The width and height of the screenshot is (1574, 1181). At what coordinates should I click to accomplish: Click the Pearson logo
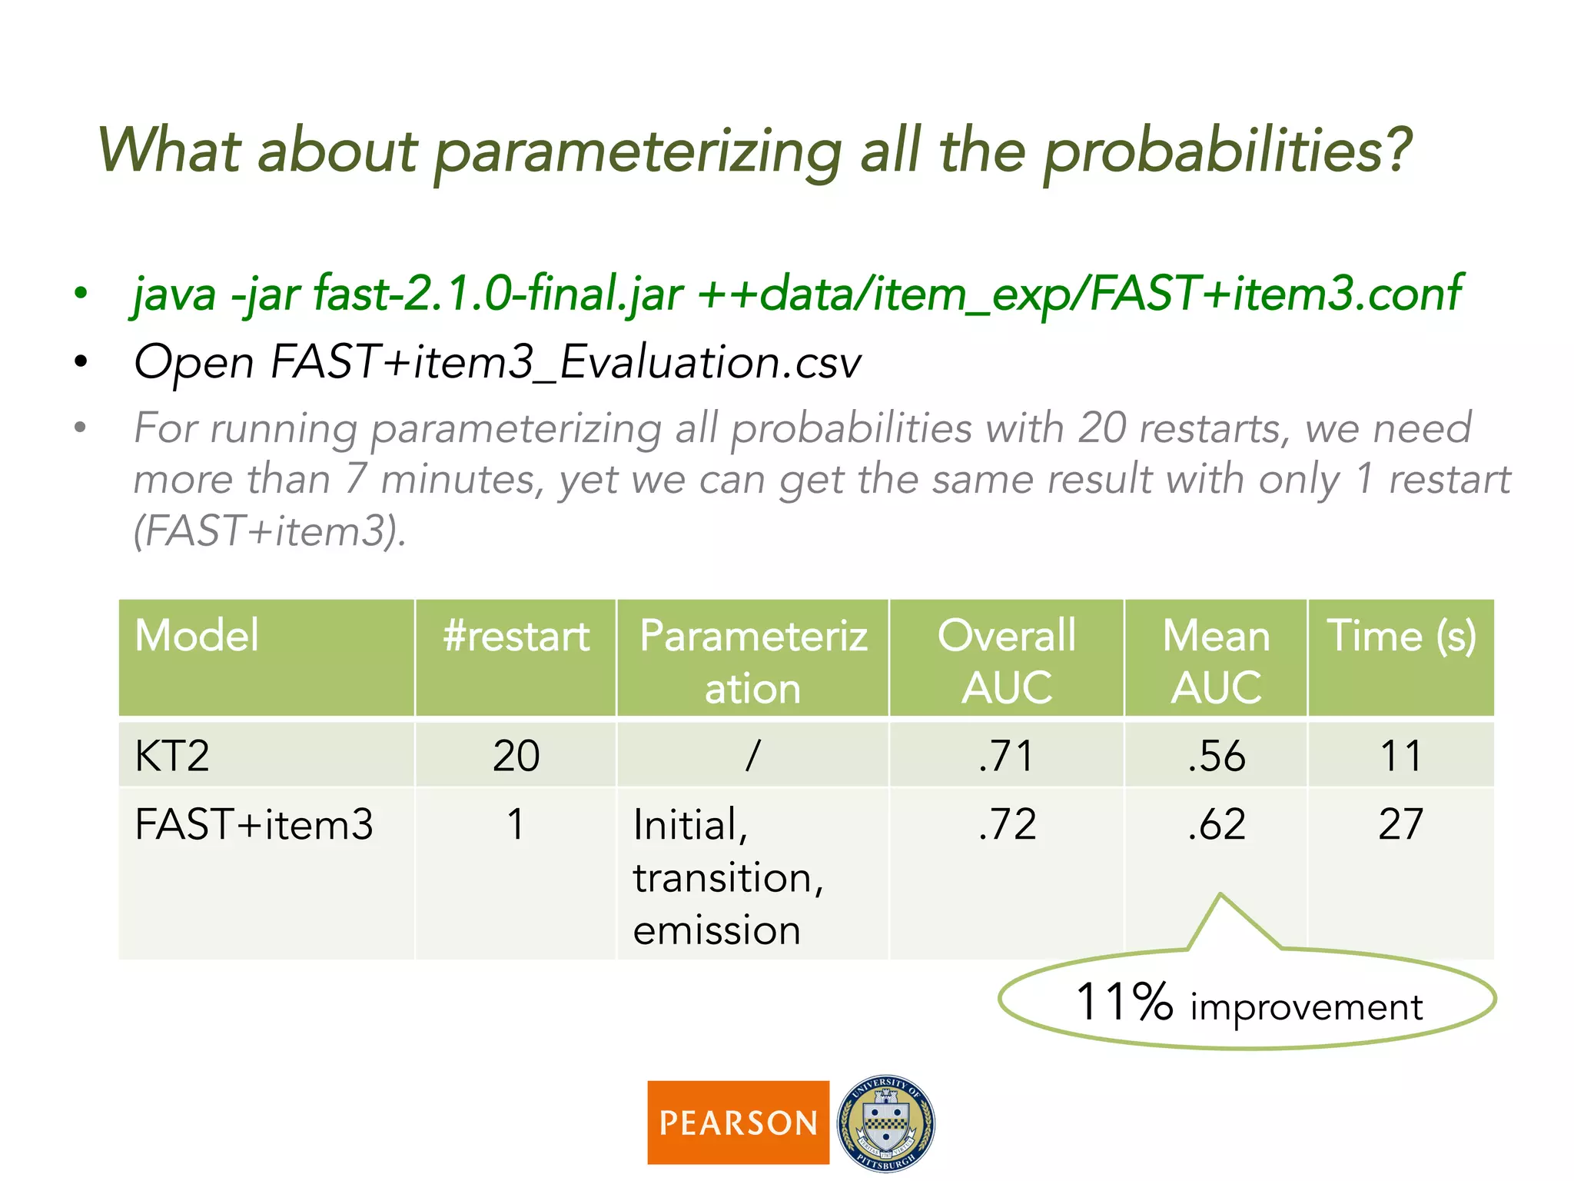(x=738, y=1122)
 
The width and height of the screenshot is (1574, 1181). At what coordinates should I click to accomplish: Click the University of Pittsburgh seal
(x=885, y=1123)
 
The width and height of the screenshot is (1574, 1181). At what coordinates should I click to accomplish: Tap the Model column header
(x=197, y=637)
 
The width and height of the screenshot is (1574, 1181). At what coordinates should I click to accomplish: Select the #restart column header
(x=516, y=637)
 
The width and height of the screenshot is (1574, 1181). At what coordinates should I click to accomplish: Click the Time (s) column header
(x=1401, y=637)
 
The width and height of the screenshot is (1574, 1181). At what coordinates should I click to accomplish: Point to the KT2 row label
(x=172, y=755)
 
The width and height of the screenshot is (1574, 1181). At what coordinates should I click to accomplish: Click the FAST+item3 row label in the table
(x=254, y=824)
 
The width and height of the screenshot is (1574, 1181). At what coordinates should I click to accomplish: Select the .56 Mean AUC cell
(x=1216, y=755)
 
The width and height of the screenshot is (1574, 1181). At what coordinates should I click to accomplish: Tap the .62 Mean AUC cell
(x=1216, y=824)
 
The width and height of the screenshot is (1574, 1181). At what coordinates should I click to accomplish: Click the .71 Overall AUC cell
(x=1006, y=755)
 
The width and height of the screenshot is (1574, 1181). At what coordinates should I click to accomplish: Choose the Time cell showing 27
(x=1400, y=824)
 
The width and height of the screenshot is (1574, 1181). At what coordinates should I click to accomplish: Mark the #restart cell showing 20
(x=516, y=755)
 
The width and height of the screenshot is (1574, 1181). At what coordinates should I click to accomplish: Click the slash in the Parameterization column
(x=752, y=755)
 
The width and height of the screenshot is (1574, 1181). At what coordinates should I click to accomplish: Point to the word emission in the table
(x=716, y=930)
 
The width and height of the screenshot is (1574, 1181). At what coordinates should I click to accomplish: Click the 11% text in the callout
(x=1124, y=1002)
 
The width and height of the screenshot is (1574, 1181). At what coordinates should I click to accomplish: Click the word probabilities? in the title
(x=1227, y=151)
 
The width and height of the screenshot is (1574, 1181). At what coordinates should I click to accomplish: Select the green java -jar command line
(x=796, y=294)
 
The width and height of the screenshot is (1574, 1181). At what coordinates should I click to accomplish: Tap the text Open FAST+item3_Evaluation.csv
(x=497, y=361)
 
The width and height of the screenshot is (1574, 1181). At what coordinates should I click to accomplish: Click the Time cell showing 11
(x=1400, y=755)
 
